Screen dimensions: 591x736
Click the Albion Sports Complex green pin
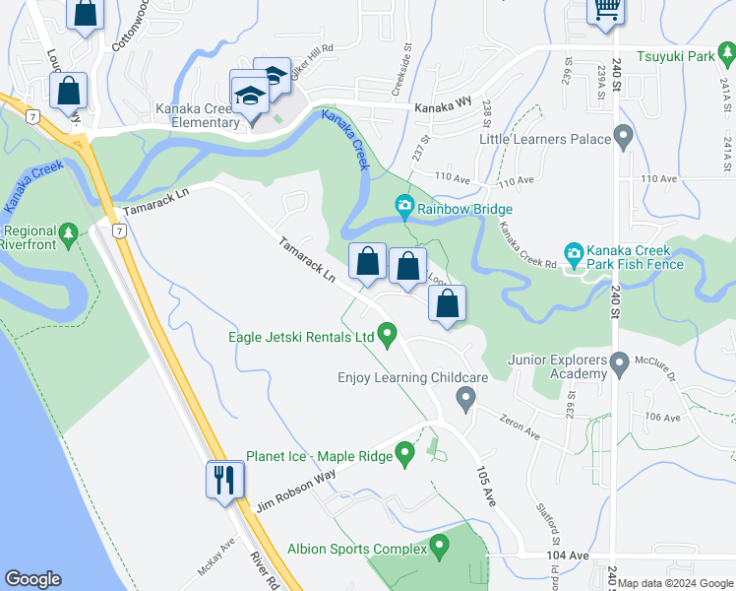(439, 545)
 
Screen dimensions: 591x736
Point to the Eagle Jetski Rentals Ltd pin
(388, 336)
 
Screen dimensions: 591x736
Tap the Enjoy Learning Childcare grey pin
(467, 398)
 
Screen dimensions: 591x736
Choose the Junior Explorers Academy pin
(619, 365)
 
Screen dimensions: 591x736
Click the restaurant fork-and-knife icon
(224, 480)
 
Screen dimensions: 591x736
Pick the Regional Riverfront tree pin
(67, 233)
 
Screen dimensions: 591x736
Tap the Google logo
(32, 579)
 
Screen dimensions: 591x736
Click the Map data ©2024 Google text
(674, 583)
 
